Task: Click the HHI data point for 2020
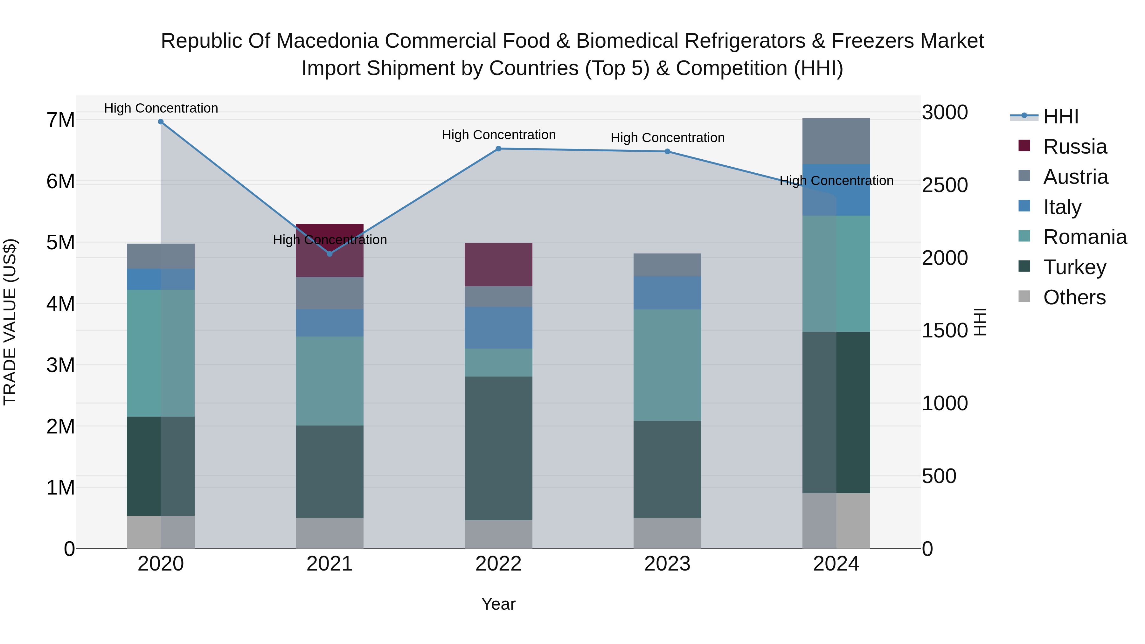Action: point(161,122)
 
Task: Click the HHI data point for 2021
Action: point(330,254)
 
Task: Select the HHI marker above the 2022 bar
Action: point(498,149)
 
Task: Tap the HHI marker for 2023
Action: point(667,152)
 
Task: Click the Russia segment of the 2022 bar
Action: point(498,265)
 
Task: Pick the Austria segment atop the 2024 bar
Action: point(836,141)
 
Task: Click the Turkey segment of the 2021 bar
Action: point(330,472)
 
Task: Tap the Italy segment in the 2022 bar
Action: point(498,328)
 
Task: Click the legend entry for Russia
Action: point(1074,147)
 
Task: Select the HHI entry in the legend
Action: point(1060,116)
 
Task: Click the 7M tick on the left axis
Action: point(60,120)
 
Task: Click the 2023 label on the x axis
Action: point(667,564)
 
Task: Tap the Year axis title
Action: point(498,604)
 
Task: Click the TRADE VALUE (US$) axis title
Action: point(10,322)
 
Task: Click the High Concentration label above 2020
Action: point(161,108)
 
